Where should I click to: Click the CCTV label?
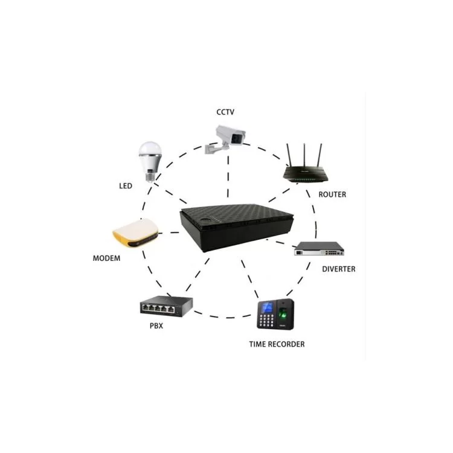[225, 112]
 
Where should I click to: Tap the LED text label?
[125, 185]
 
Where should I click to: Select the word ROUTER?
[332, 194]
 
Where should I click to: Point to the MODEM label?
[106, 259]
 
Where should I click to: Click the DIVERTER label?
[338, 269]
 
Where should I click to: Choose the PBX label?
[156, 326]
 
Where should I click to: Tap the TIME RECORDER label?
[277, 344]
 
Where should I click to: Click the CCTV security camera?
[227, 137]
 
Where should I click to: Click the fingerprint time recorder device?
[275, 314]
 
